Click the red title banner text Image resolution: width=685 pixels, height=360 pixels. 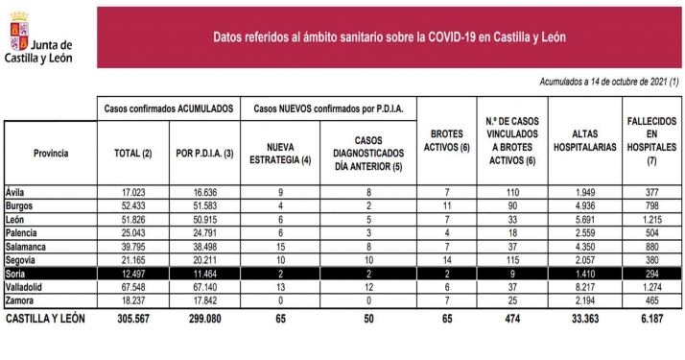[x=388, y=38]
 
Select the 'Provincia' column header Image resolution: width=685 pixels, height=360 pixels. [x=50, y=153]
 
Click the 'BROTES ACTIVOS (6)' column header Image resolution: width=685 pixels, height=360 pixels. [x=447, y=146]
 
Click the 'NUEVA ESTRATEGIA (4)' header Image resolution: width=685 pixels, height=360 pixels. [x=279, y=153]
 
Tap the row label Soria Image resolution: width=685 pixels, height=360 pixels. [x=18, y=274]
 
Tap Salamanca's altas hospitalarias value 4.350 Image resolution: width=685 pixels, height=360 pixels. [x=584, y=247]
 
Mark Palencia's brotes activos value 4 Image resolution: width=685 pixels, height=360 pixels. [x=447, y=232]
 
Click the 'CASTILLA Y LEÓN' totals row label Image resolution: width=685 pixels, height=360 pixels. [x=48, y=318]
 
